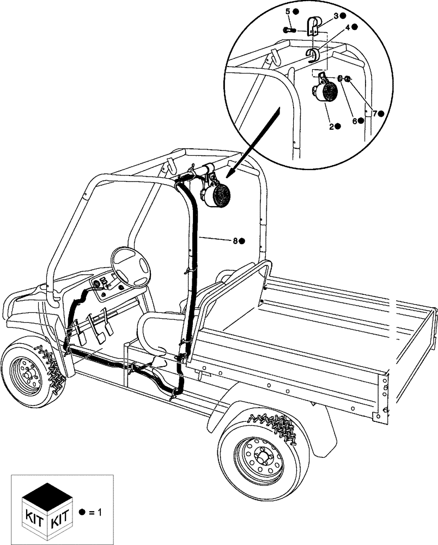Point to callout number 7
[374, 113]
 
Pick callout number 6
[354, 121]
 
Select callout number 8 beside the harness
[235, 240]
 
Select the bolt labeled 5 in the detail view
[287, 30]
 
